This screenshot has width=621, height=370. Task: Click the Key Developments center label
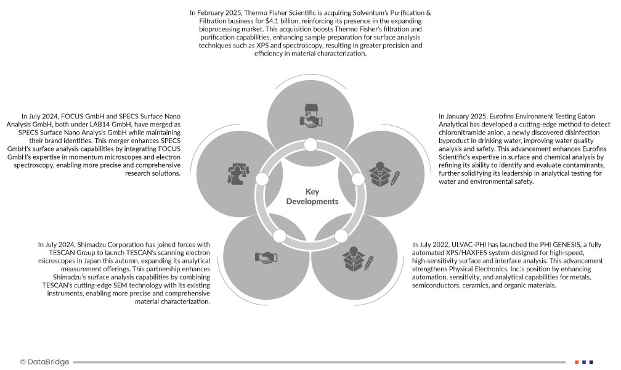click(x=312, y=197)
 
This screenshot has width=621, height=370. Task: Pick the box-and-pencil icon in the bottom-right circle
click(x=358, y=257)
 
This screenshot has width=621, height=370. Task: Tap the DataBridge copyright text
click(x=44, y=362)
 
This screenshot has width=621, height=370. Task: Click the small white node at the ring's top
click(x=310, y=145)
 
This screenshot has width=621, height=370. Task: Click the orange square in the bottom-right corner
click(x=577, y=362)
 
